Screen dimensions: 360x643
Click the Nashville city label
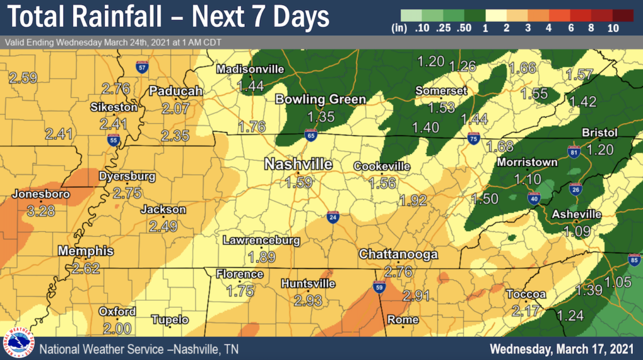pos(298,164)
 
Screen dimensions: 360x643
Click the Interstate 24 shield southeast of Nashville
pos(333,217)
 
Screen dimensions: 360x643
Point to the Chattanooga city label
pos(398,255)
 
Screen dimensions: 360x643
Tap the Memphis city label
pos(85,251)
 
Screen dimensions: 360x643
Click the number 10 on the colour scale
pos(613,28)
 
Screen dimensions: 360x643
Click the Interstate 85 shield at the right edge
pos(634,259)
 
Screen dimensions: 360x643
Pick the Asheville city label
pos(576,215)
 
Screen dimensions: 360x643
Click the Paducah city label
pos(176,91)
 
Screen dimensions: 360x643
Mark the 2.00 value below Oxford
pos(116,328)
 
